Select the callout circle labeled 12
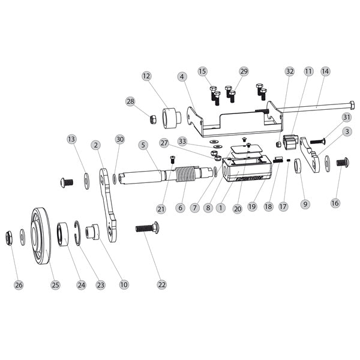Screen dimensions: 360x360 pos(147,76)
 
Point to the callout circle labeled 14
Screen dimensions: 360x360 pos(325,71)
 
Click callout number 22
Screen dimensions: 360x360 pos(143,145)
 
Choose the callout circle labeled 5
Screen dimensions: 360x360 pos(143,145)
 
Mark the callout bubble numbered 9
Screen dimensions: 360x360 pos(305,204)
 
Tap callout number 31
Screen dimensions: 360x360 pos(346,116)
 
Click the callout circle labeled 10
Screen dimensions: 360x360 pos(124,284)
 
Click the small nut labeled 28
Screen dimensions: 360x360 pos(154,119)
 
